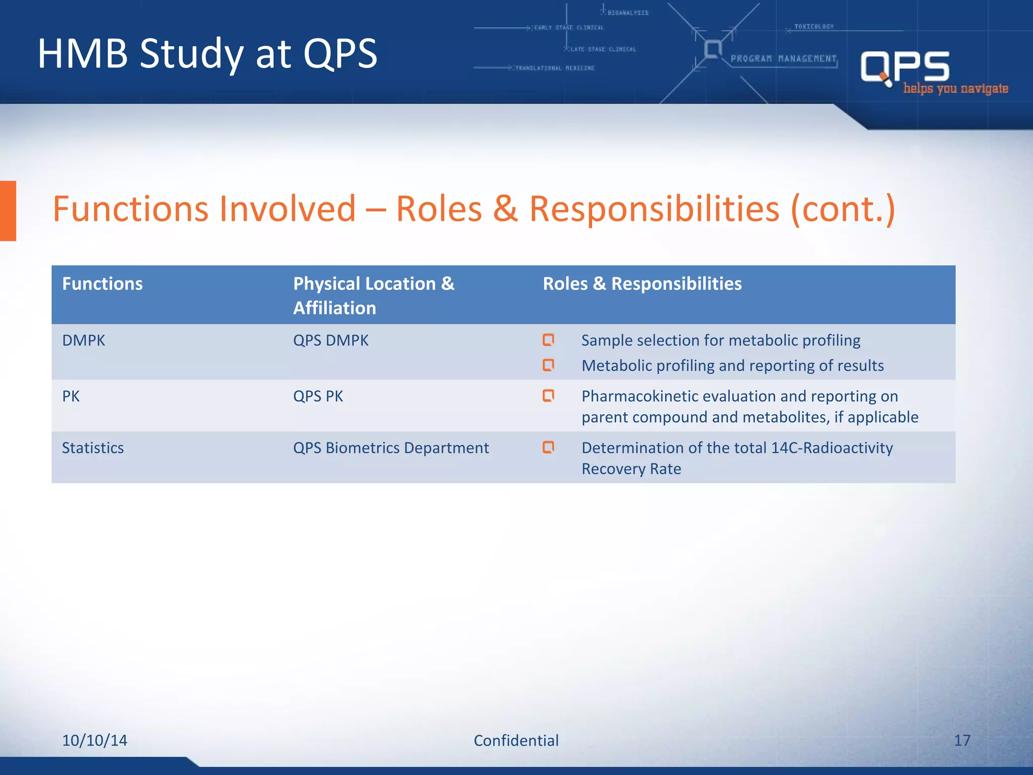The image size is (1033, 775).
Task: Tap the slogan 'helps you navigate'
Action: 955,89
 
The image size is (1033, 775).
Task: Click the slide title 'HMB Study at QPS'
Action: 207,53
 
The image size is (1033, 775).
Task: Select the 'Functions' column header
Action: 102,284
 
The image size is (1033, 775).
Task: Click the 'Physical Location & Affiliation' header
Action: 373,296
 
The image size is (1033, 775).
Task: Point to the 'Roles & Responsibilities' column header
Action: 642,284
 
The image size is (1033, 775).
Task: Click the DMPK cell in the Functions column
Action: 84,341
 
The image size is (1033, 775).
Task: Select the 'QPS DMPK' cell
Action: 331,341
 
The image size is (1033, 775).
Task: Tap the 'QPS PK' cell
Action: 318,397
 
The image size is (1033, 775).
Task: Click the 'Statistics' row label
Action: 93,448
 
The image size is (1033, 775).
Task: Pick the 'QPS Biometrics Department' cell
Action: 391,448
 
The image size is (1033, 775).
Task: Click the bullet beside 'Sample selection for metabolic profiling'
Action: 548,340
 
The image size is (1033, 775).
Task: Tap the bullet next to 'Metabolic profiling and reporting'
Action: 548,365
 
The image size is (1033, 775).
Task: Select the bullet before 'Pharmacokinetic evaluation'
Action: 548,396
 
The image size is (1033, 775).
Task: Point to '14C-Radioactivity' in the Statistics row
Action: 832,448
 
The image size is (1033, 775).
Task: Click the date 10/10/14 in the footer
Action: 94,740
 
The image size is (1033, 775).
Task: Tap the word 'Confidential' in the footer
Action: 516,740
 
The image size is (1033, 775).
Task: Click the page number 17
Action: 962,740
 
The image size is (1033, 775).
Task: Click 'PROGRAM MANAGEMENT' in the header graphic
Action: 783,59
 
